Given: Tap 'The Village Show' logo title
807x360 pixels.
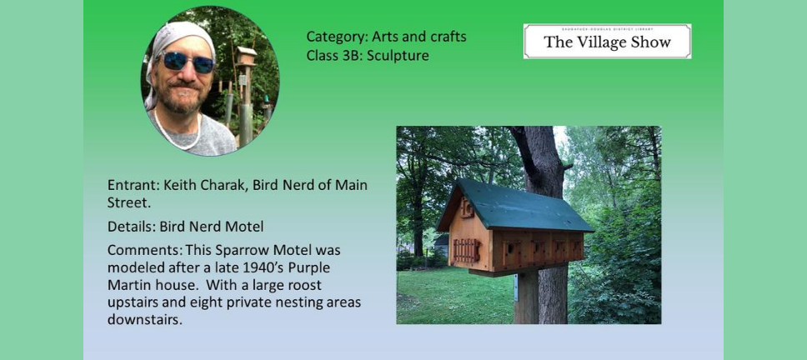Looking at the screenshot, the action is [x=607, y=42].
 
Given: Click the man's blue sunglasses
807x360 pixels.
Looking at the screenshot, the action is [x=188, y=62].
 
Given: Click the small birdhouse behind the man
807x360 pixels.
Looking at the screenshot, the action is [x=246, y=56].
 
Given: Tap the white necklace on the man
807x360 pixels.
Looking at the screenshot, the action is [x=178, y=133].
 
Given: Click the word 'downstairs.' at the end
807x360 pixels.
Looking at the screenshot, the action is [x=145, y=319].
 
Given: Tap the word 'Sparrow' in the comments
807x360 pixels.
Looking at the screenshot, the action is [x=233, y=251].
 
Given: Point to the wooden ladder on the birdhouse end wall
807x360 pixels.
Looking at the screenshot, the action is [x=466, y=250].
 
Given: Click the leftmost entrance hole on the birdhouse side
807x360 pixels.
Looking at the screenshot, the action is [x=510, y=247].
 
